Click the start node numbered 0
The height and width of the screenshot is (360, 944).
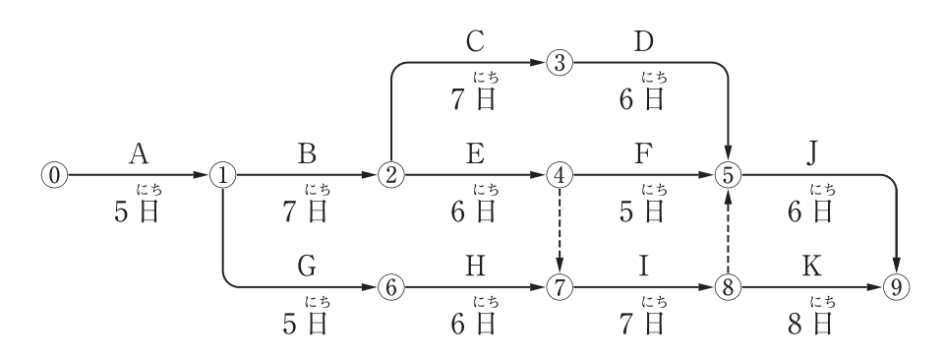coord(54,175)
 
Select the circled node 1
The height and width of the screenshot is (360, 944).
coord(223,175)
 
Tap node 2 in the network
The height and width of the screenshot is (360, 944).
coord(391,175)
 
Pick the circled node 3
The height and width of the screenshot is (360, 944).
coord(560,63)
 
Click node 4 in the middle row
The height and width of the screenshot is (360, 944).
coord(560,175)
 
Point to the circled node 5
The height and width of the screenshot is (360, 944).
coord(729,175)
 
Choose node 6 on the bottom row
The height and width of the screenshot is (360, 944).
coord(391,288)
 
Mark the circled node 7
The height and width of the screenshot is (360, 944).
coord(560,288)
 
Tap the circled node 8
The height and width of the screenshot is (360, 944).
coord(729,288)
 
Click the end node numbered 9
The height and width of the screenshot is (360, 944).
coord(897,288)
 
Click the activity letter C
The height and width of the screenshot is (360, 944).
coord(475,41)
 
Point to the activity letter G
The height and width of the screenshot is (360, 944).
coord(307,267)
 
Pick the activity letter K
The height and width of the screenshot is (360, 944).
coord(812,267)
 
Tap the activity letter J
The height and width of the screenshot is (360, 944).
coord(812,154)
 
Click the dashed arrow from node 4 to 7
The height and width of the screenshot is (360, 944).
coord(560,231)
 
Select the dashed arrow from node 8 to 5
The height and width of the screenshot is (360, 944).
coord(729,231)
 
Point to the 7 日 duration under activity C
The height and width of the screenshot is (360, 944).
coord(474,98)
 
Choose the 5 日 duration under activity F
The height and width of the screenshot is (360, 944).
coord(642,211)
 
